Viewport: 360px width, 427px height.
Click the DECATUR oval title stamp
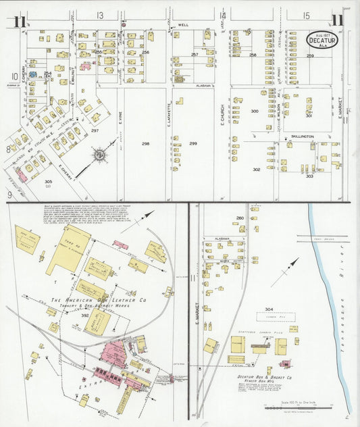322,40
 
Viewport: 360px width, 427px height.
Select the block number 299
193,144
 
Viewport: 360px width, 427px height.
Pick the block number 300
255,110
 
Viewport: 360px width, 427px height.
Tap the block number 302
257,170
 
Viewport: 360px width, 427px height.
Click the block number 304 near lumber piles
269,309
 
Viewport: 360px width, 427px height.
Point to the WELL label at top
182,25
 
